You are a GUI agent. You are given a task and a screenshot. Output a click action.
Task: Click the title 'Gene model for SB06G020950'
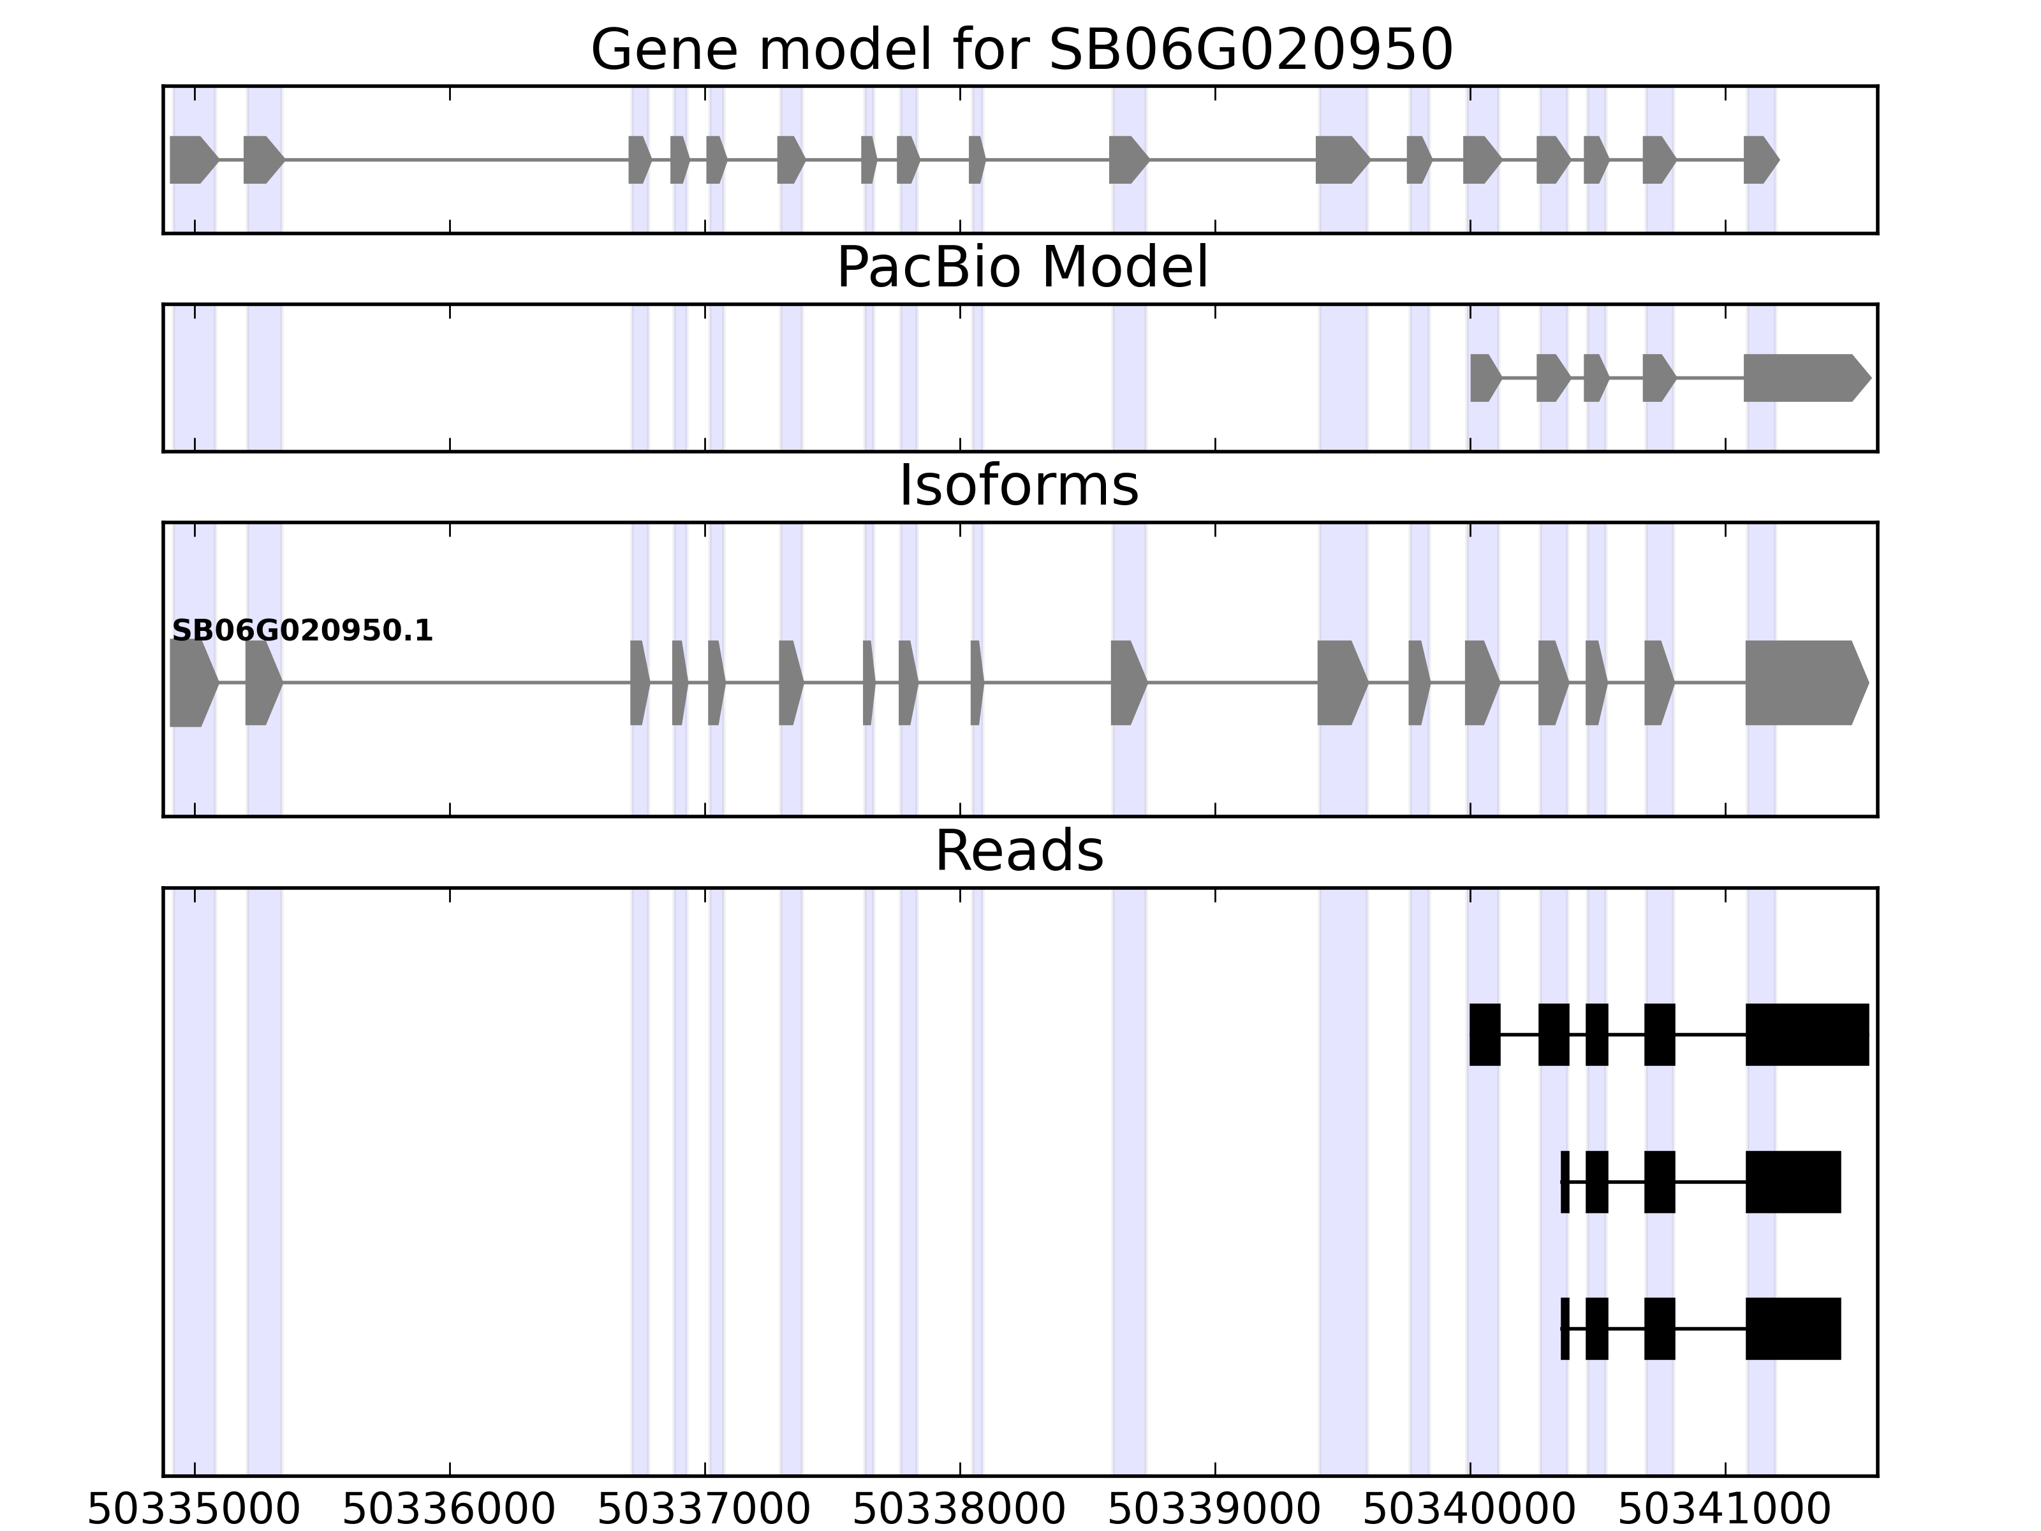pyautogui.click(x=1021, y=50)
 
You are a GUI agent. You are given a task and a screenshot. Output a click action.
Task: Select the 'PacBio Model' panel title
pyautogui.click(x=1021, y=268)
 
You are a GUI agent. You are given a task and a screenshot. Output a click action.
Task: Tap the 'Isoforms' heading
pyautogui.click(x=1019, y=485)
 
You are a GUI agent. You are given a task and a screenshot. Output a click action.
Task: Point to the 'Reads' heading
pyautogui.click(x=1019, y=851)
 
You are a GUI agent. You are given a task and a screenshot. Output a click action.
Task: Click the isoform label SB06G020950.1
pyautogui.click(x=302, y=632)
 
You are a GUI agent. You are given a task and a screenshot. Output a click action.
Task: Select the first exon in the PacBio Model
pyautogui.click(x=1484, y=378)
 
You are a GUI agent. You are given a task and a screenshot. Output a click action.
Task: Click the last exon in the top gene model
pyautogui.click(x=1758, y=159)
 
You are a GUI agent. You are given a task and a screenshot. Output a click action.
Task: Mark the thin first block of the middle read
pyautogui.click(x=1565, y=1182)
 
